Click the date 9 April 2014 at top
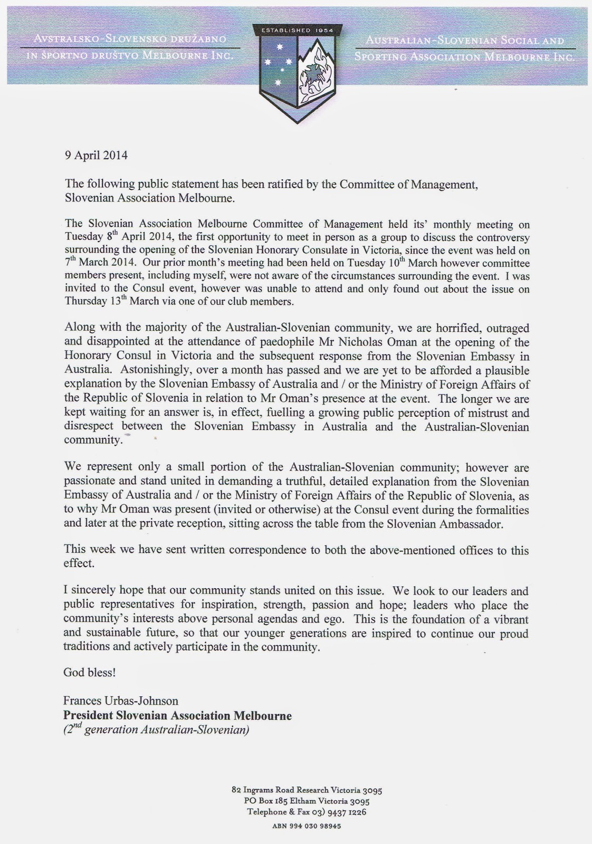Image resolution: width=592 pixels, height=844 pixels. click(x=96, y=156)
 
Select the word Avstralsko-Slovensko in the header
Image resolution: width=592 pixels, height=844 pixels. click(x=80, y=39)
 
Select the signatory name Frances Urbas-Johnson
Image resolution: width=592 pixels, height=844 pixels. click(x=121, y=701)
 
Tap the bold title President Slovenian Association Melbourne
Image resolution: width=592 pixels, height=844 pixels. click(x=177, y=716)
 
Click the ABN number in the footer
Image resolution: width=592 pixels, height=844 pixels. click(x=307, y=826)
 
